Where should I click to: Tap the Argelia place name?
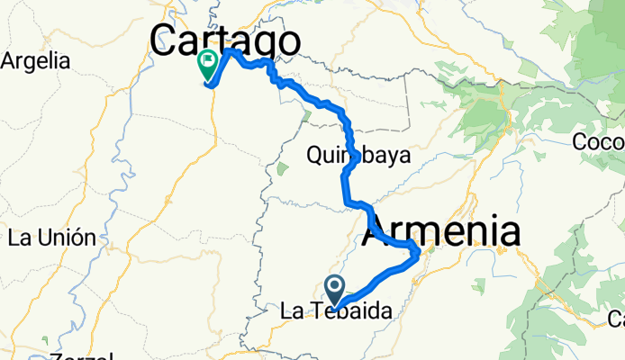[x=35, y=61]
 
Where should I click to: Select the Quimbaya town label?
[x=358, y=155]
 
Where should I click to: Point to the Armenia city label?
[x=441, y=232]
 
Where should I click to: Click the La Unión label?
[x=51, y=238]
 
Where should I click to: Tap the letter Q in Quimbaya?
[x=314, y=155]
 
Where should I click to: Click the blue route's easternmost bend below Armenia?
[x=416, y=256]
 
